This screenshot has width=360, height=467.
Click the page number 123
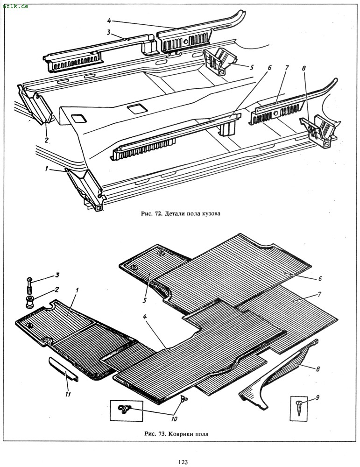coord(182,462)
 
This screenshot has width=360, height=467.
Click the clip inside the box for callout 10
coord(125,409)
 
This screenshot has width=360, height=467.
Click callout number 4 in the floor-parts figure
coord(109,21)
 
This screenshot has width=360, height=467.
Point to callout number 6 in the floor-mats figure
coord(319,279)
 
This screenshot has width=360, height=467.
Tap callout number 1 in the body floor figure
coord(47,169)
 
